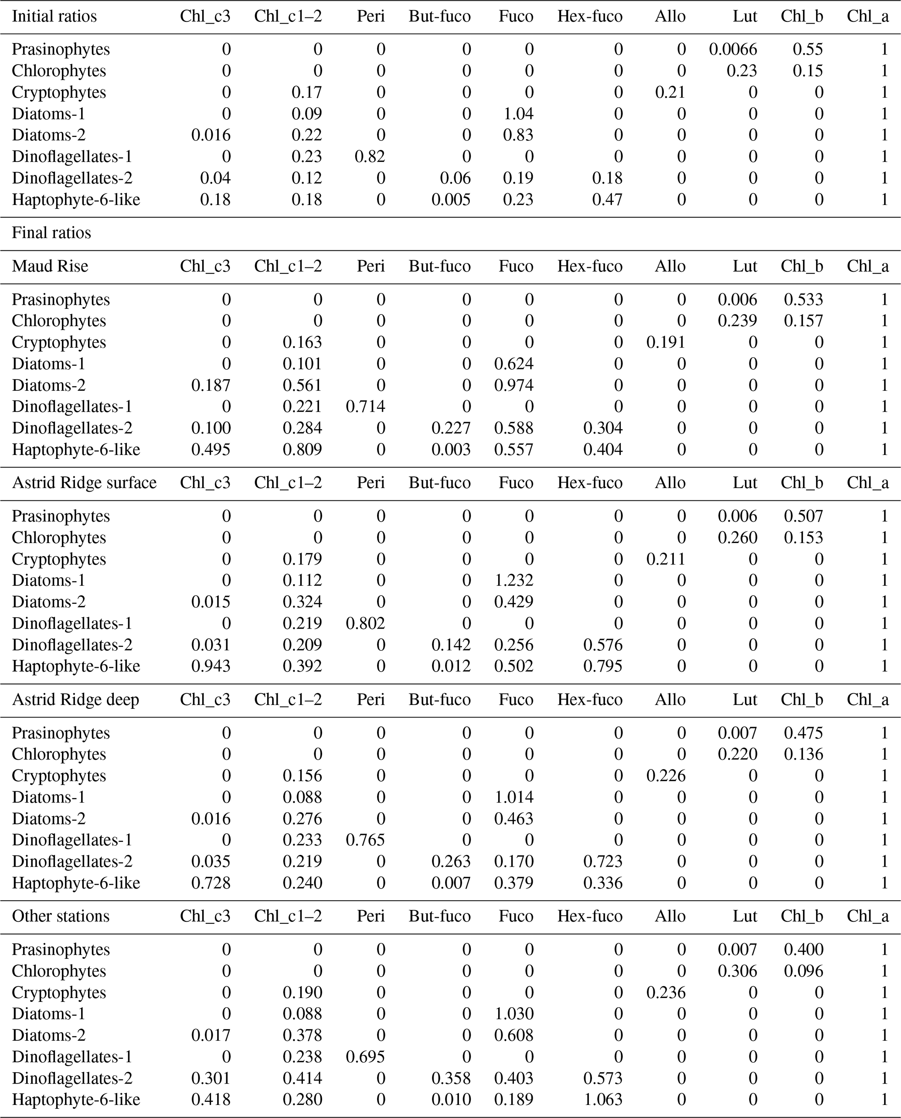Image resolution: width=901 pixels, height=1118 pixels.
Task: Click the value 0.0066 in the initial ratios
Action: [x=733, y=49]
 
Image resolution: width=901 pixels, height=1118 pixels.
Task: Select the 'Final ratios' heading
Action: [x=51, y=232]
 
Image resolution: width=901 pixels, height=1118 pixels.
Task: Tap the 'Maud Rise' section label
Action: [x=50, y=267]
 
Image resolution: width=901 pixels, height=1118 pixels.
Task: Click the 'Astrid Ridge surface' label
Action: [x=84, y=483]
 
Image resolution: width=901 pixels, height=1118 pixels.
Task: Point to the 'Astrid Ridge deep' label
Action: [x=75, y=700]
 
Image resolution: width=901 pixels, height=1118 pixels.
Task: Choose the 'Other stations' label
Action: [x=61, y=916]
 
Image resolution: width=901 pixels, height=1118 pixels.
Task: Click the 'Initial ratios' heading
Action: [x=54, y=16]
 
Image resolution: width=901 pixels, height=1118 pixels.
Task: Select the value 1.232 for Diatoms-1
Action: [x=514, y=581]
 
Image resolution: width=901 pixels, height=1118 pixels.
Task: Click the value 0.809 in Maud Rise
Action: [x=302, y=450]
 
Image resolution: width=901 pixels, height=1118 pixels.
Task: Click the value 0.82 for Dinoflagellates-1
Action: [x=370, y=156]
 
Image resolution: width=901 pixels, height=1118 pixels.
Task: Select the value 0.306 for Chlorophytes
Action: [x=737, y=971]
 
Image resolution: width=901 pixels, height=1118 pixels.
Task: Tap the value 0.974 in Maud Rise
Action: [x=514, y=385]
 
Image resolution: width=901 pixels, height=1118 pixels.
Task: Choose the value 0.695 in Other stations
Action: [x=365, y=1057]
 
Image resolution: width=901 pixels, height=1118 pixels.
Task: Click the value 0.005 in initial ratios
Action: [x=451, y=199]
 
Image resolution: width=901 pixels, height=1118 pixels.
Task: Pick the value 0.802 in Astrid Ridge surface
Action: [x=365, y=623]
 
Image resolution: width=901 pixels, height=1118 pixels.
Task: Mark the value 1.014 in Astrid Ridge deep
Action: [x=514, y=797]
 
